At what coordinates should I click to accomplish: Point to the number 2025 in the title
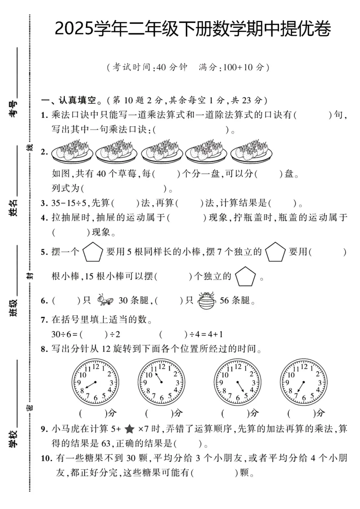(x=75, y=30)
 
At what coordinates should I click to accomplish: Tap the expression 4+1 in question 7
(x=216, y=335)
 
